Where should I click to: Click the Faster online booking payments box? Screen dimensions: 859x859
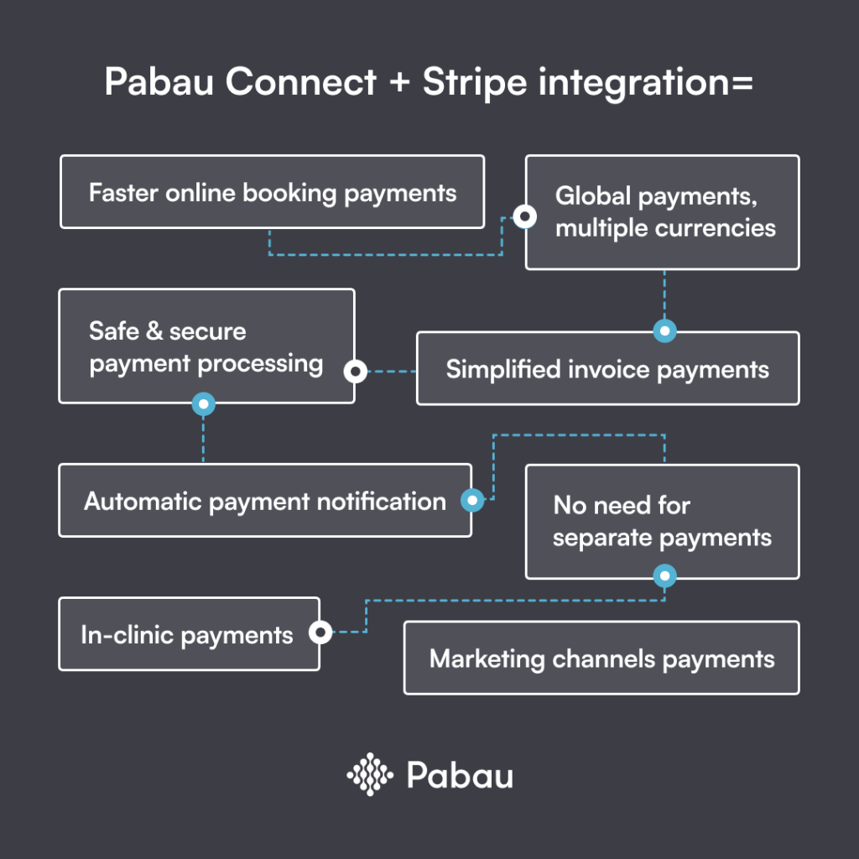272,192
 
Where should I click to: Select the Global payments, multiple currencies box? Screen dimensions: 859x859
663,212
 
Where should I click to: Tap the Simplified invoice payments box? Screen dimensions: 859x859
607,369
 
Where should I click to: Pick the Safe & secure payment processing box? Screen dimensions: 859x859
206,346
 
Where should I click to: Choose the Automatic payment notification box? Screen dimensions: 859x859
264,501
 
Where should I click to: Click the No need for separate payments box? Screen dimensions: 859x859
663,521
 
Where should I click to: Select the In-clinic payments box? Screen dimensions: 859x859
188,634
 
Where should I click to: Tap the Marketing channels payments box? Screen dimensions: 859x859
601,658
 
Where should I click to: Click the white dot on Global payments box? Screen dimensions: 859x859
525,216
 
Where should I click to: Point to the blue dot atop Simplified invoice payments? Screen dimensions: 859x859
664,331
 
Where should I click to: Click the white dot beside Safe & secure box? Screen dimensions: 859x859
355,370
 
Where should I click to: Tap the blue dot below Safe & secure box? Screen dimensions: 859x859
203,404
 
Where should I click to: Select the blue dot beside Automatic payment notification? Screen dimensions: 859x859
472,501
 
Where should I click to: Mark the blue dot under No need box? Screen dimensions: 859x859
664,576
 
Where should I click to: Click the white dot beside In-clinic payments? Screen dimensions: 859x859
320,633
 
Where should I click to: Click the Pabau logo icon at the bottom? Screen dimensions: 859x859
370,773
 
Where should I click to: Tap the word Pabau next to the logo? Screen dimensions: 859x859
460,774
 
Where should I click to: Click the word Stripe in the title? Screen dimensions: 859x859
475,83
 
